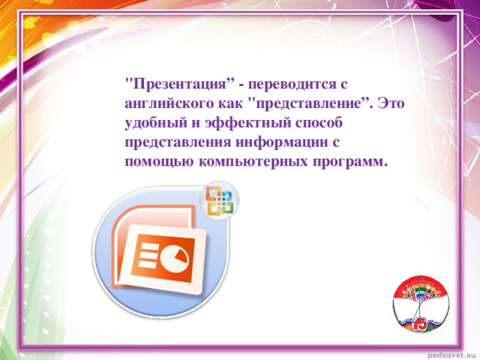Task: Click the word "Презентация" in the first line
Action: pyautogui.click(x=180, y=84)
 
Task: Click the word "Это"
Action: pyautogui.click(x=391, y=103)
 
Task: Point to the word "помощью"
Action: pyautogui.click(x=159, y=162)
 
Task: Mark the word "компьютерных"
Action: pyautogui.click(x=253, y=162)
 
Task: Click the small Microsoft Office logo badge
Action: pyautogui.click(x=219, y=200)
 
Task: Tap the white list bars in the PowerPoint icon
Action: pyautogui.click(x=148, y=253)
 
